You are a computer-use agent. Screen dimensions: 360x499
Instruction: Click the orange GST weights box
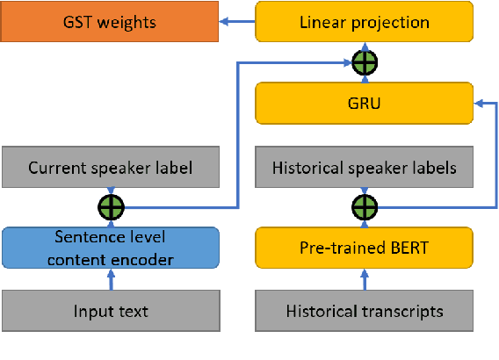click(110, 21)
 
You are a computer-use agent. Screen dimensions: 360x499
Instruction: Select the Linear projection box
click(365, 22)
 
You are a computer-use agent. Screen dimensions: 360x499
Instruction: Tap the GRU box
click(365, 103)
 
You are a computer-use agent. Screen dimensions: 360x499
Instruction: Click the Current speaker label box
click(110, 167)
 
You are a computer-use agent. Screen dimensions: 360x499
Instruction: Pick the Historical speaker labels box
click(365, 167)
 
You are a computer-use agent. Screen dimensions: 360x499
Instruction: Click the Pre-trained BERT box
click(365, 248)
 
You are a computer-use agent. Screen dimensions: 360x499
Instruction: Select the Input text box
click(110, 311)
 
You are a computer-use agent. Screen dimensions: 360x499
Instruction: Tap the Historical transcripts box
click(365, 311)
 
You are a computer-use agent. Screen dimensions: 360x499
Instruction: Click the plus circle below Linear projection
click(364, 62)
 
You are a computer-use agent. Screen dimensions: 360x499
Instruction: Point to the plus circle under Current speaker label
click(111, 207)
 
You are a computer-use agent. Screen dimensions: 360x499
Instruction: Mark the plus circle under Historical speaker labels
click(364, 207)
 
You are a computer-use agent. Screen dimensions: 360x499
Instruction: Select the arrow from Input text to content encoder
click(111, 279)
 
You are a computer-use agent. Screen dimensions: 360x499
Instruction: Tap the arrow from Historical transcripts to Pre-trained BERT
click(364, 279)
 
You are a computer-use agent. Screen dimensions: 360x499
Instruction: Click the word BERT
click(409, 248)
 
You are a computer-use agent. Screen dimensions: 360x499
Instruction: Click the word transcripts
click(401, 311)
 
